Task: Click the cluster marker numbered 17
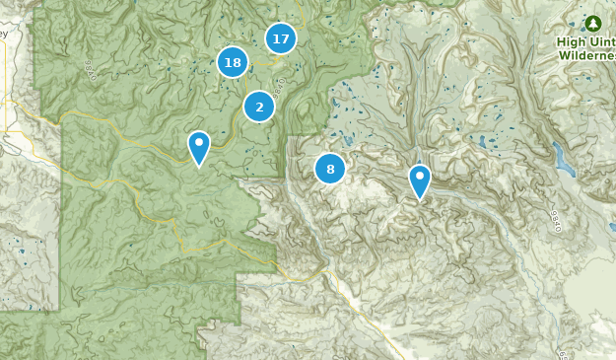coord(281,38)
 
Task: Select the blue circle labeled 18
coord(233,63)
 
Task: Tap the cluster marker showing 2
coord(259,107)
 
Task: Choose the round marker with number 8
coord(330,169)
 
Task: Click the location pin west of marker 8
coord(199,148)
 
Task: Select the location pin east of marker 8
coord(420,180)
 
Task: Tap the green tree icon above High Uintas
coord(592,23)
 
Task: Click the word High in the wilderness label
coord(571,41)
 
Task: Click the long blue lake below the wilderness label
coord(560,156)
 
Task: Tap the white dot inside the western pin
coord(199,144)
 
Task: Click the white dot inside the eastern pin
coord(420,177)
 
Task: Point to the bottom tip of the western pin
coord(199,168)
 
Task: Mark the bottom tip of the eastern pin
coord(420,200)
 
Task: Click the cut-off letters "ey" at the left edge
coord(3,33)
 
